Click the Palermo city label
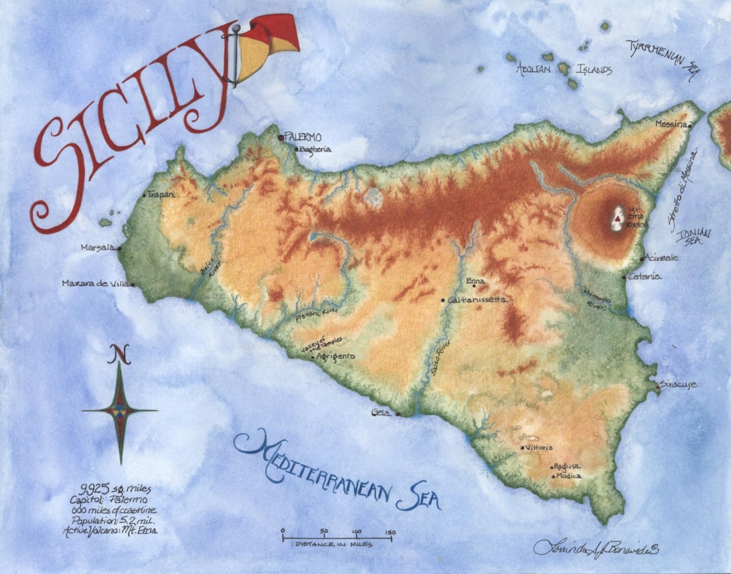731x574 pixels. pyautogui.click(x=304, y=138)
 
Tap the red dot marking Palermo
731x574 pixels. pyautogui.click(x=281, y=138)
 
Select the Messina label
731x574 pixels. pyautogui.click(x=671, y=124)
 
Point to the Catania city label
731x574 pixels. pyautogui.click(x=644, y=277)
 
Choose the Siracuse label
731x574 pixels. pyautogui.click(x=679, y=385)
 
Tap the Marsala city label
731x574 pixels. pyautogui.click(x=98, y=247)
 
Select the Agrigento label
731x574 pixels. pyautogui.click(x=336, y=356)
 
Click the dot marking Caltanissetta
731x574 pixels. pyautogui.click(x=443, y=300)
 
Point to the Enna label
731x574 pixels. pyautogui.click(x=475, y=281)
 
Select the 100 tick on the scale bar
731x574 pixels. pyautogui.click(x=357, y=532)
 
